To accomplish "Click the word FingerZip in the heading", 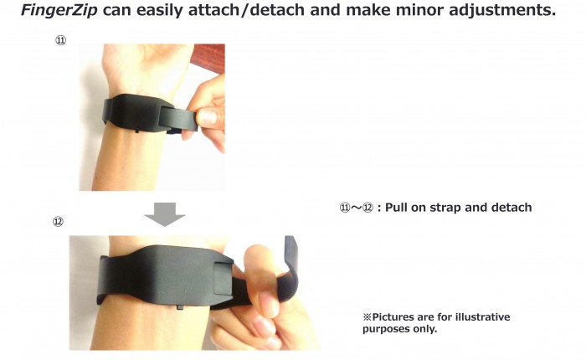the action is [59, 10].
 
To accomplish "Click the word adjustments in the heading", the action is [502, 10].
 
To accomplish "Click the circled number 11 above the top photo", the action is [61, 40].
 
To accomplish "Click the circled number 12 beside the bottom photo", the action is [58, 222].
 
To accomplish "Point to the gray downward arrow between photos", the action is [165, 214].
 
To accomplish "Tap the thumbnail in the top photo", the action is [207, 118].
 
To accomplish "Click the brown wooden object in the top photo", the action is [208, 59].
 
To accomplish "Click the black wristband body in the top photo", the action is [136, 113].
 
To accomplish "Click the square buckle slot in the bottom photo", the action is [223, 279].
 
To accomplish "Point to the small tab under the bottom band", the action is [180, 307].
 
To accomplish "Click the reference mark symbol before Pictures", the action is [368, 317].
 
